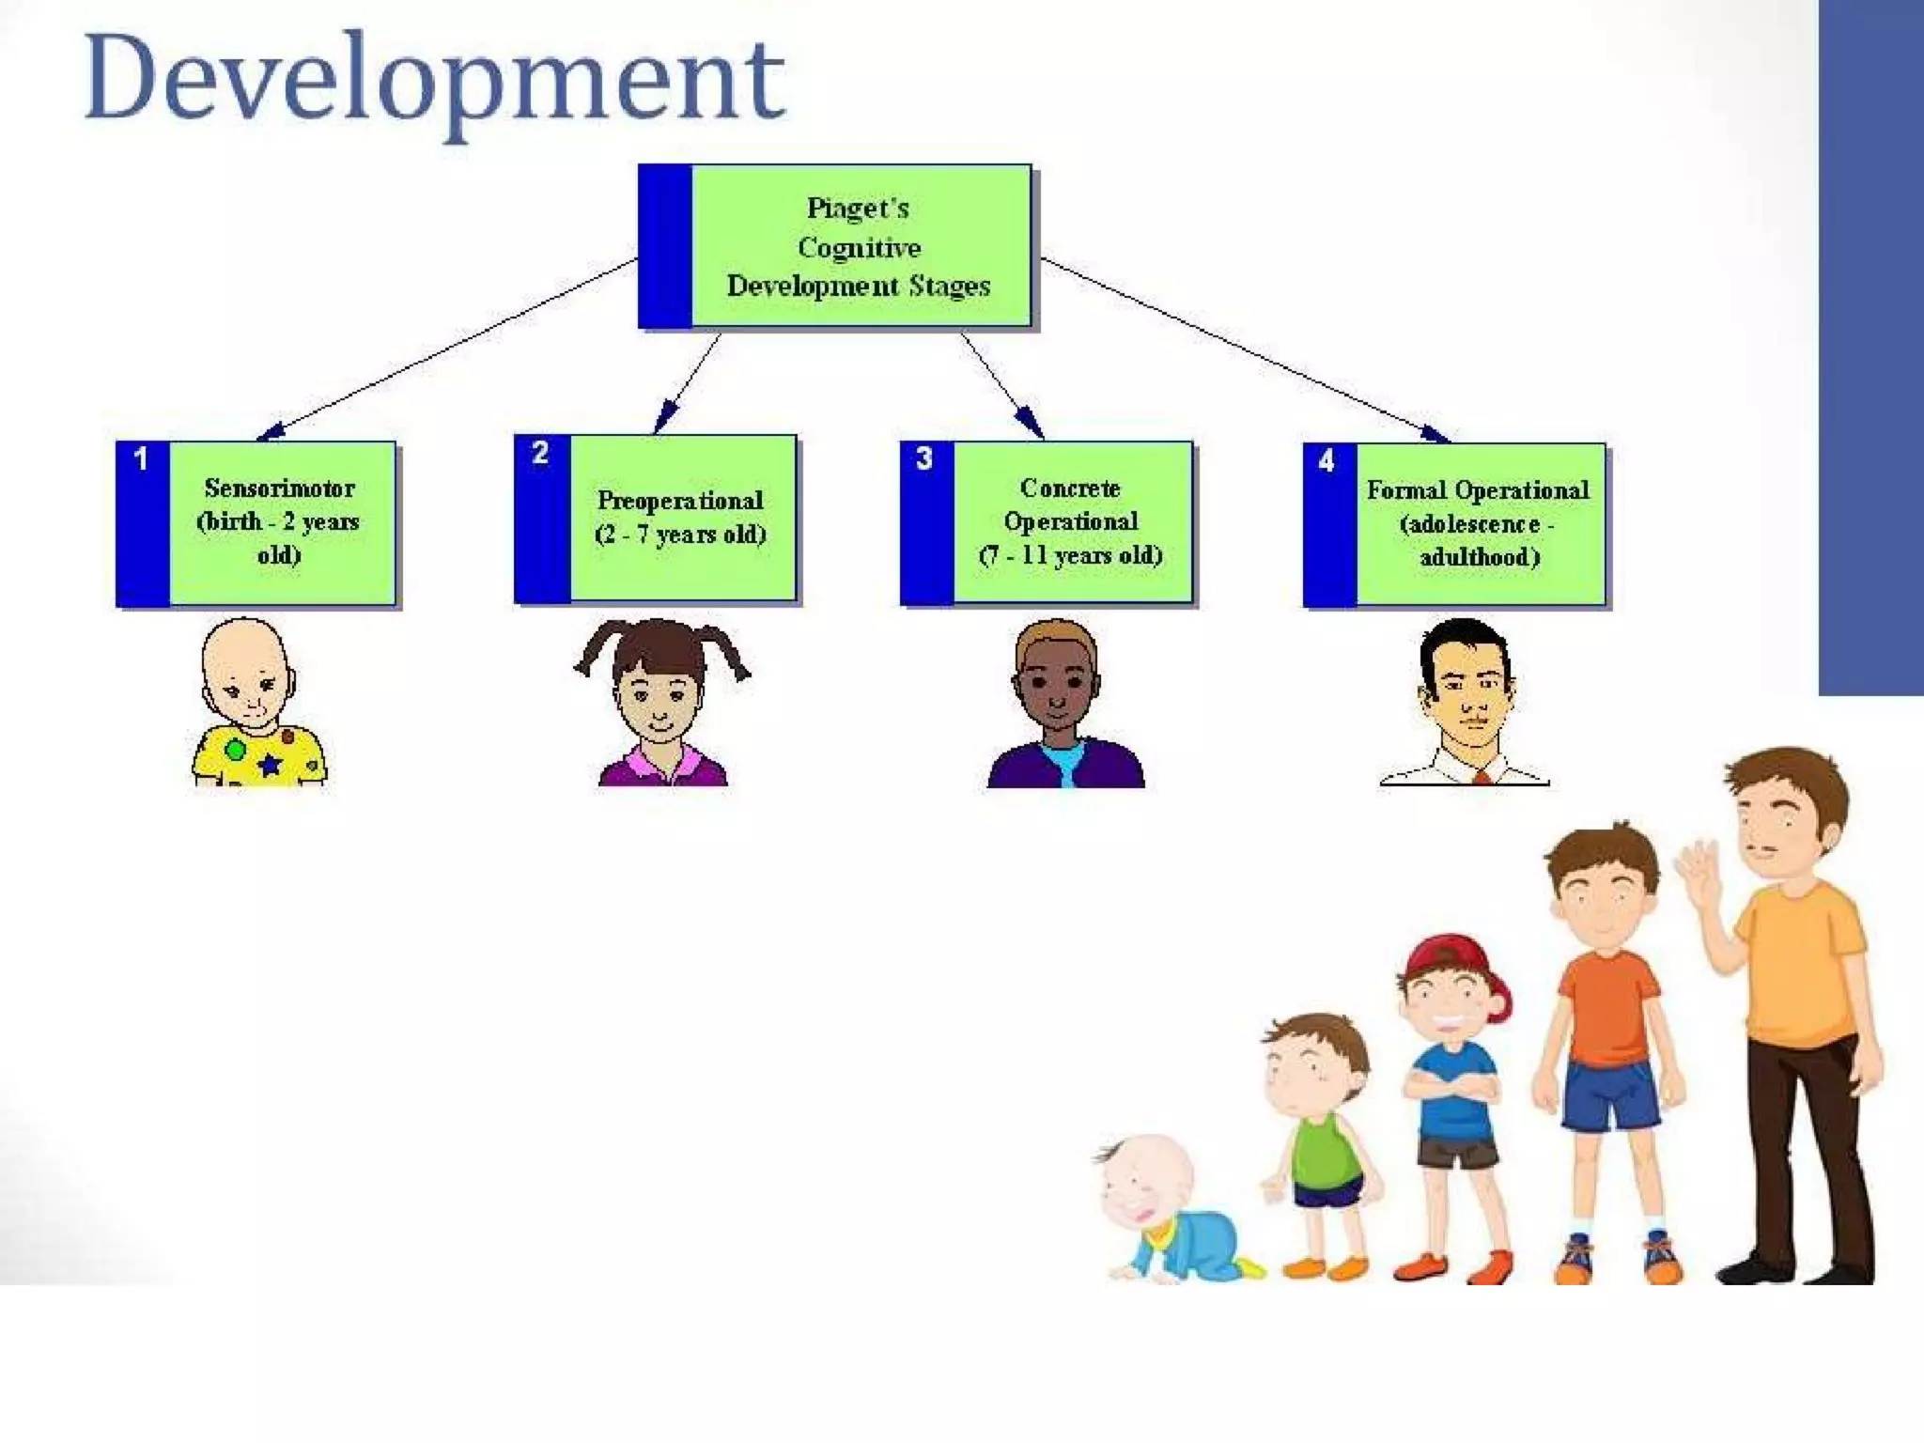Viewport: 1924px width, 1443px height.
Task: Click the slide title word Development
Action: click(x=434, y=80)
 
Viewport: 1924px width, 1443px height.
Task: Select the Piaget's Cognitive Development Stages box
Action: click(x=860, y=247)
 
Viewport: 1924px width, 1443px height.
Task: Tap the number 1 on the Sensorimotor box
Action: click(x=141, y=459)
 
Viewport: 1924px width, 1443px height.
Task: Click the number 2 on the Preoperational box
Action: click(x=540, y=454)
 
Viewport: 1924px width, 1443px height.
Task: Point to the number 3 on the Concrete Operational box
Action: click(x=924, y=458)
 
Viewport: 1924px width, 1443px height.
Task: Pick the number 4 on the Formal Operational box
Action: click(x=1327, y=461)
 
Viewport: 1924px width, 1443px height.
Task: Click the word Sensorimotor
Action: click(x=279, y=489)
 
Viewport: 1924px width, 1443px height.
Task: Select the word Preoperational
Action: click(x=680, y=501)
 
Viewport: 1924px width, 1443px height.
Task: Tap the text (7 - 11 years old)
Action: click(x=1070, y=555)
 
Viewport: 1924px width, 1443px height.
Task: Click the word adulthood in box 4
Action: click(x=1479, y=557)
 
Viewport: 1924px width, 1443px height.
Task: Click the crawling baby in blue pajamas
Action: click(x=1174, y=1212)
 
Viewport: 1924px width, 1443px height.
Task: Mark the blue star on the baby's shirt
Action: click(x=270, y=764)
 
